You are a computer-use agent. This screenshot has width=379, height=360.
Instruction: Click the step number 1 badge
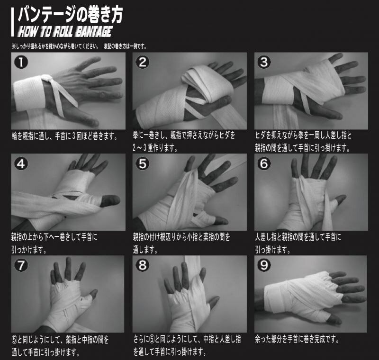click(21, 62)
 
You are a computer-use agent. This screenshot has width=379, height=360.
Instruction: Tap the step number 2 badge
click(143, 62)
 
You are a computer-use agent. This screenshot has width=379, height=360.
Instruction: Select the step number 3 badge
click(264, 62)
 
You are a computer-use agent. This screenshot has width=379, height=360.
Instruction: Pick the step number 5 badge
click(143, 163)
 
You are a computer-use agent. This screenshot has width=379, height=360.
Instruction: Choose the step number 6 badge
click(264, 163)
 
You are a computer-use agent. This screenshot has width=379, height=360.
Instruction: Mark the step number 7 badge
click(21, 265)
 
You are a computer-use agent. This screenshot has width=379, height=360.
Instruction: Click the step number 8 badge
click(143, 265)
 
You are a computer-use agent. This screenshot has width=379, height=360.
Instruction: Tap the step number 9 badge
click(264, 265)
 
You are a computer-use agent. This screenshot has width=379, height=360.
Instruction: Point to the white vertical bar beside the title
click(12, 22)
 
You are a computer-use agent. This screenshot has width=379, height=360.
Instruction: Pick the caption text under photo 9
click(297, 340)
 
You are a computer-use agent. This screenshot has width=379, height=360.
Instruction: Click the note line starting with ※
click(79, 46)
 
